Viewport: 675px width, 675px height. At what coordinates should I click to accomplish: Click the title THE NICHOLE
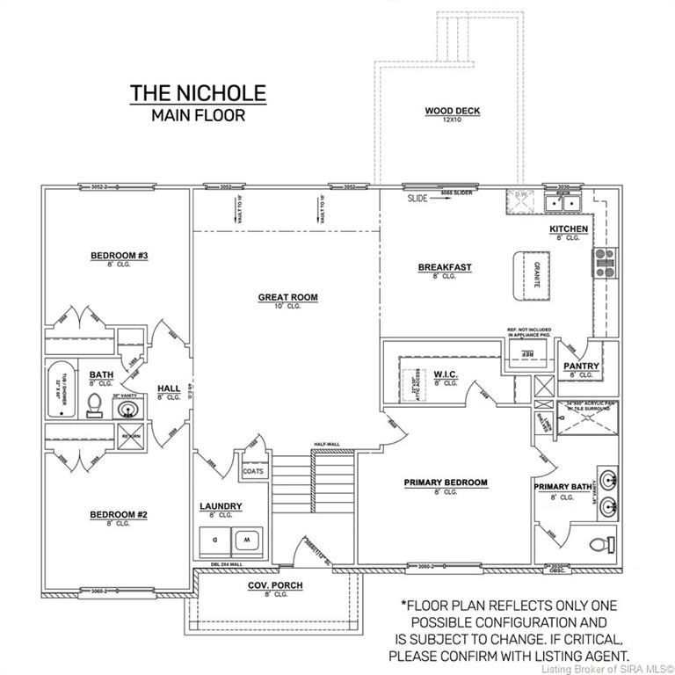[198, 93]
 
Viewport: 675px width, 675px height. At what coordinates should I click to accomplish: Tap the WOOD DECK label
[453, 111]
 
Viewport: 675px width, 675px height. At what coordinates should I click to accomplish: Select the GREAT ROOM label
[287, 297]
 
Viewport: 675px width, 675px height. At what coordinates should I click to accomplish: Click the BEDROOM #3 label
[119, 256]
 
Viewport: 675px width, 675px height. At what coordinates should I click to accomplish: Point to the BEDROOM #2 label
[118, 514]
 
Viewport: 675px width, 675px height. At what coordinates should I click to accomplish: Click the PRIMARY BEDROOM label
[445, 483]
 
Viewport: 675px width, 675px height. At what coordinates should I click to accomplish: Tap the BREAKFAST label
[445, 267]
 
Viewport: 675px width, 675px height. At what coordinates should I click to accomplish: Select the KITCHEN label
[569, 229]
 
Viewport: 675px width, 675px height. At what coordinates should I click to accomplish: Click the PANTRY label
[582, 366]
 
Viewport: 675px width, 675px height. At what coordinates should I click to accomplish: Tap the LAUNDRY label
[221, 506]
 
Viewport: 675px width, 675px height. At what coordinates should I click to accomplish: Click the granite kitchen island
[530, 272]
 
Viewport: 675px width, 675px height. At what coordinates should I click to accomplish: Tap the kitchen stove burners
[606, 263]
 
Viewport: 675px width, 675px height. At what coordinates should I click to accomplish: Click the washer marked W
[246, 538]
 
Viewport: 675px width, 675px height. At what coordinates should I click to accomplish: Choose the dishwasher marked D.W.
[519, 201]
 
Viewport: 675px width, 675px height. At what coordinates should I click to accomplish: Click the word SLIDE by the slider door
[417, 199]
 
